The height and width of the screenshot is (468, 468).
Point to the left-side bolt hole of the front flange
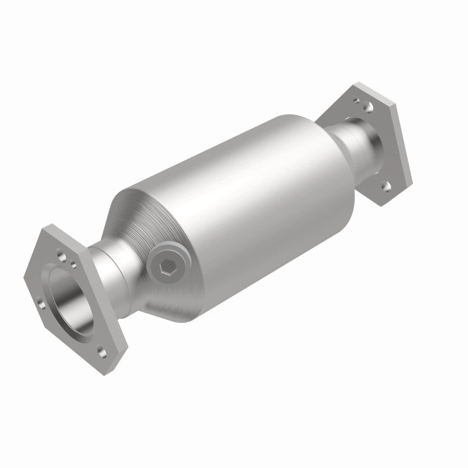pyautogui.click(x=39, y=303)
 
